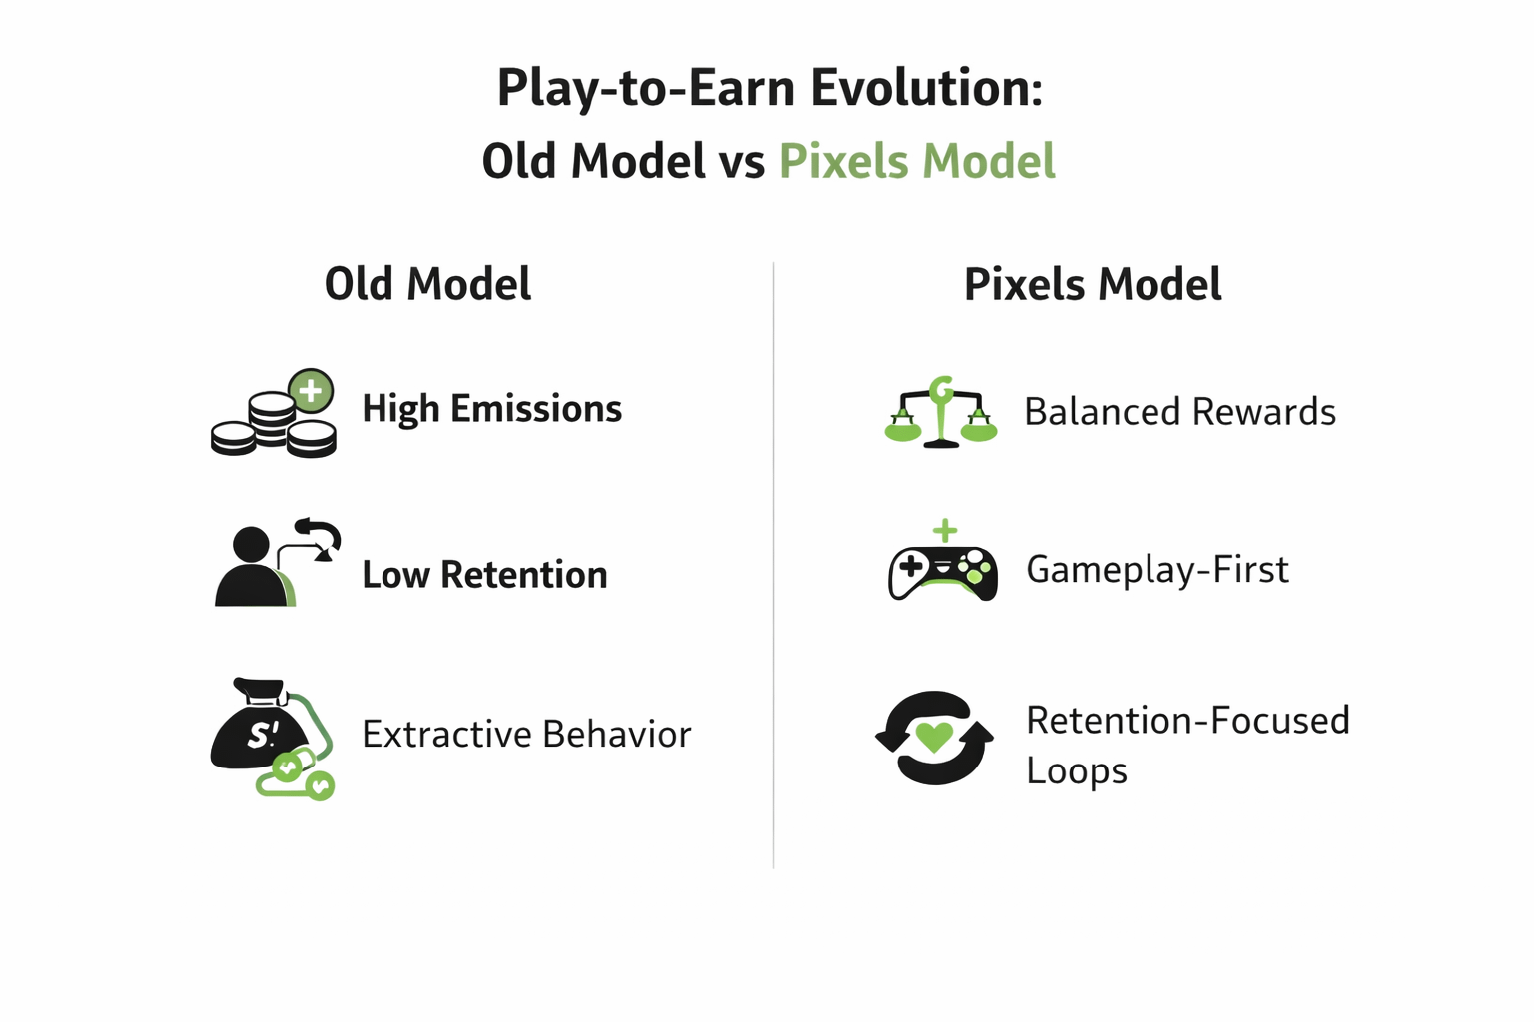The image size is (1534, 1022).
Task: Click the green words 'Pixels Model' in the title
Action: pyautogui.click(x=917, y=162)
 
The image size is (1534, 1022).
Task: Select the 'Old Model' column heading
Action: pyautogui.click(x=428, y=284)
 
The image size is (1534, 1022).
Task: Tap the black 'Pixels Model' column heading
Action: pyautogui.click(x=1093, y=284)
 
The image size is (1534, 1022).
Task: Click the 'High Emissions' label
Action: pyautogui.click(x=491, y=409)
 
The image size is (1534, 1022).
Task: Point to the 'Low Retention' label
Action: pyautogui.click(x=484, y=574)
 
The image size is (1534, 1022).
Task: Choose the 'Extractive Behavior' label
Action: pyautogui.click(x=526, y=734)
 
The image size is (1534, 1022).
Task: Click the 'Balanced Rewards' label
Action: pyautogui.click(x=1179, y=411)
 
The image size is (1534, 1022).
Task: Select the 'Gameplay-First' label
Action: pyautogui.click(x=1157, y=570)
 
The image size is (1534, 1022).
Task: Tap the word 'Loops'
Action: pyautogui.click(x=1077, y=771)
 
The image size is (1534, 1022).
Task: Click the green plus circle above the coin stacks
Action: pyautogui.click(x=311, y=391)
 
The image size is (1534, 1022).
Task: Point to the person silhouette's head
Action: pyautogui.click(x=251, y=546)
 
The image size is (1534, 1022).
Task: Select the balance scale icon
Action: pyautogui.click(x=941, y=412)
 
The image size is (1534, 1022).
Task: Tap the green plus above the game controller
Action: pyautogui.click(x=945, y=531)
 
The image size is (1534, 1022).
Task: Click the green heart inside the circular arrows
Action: pyautogui.click(x=934, y=737)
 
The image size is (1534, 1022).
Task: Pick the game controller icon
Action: pyautogui.click(x=943, y=574)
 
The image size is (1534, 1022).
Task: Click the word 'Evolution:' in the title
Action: pyautogui.click(x=926, y=88)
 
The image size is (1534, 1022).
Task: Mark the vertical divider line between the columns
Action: pyautogui.click(x=773, y=566)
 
